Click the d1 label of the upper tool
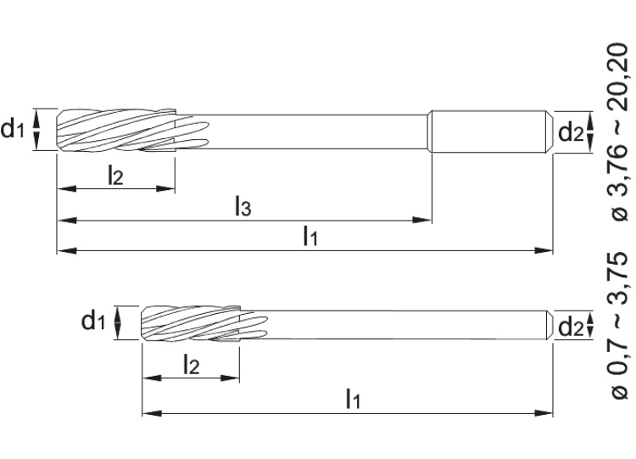pos(14,130)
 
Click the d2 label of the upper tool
pos(570,132)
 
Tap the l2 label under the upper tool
pos(115,175)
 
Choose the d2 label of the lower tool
pos(570,323)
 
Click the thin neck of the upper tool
pos(322,130)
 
